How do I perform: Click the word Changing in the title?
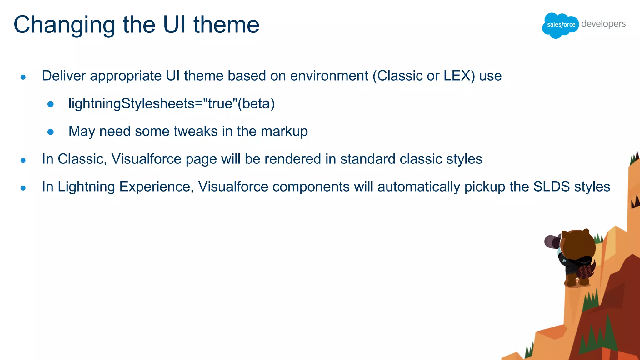(64, 25)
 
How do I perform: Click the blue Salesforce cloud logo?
(560, 25)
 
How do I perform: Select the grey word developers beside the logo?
(603, 24)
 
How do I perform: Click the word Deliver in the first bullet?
(64, 76)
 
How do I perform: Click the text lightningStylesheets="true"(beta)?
(171, 103)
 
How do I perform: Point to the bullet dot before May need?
(51, 132)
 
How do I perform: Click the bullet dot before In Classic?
(23, 160)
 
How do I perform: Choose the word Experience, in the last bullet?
(156, 187)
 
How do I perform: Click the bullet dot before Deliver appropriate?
(23, 77)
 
